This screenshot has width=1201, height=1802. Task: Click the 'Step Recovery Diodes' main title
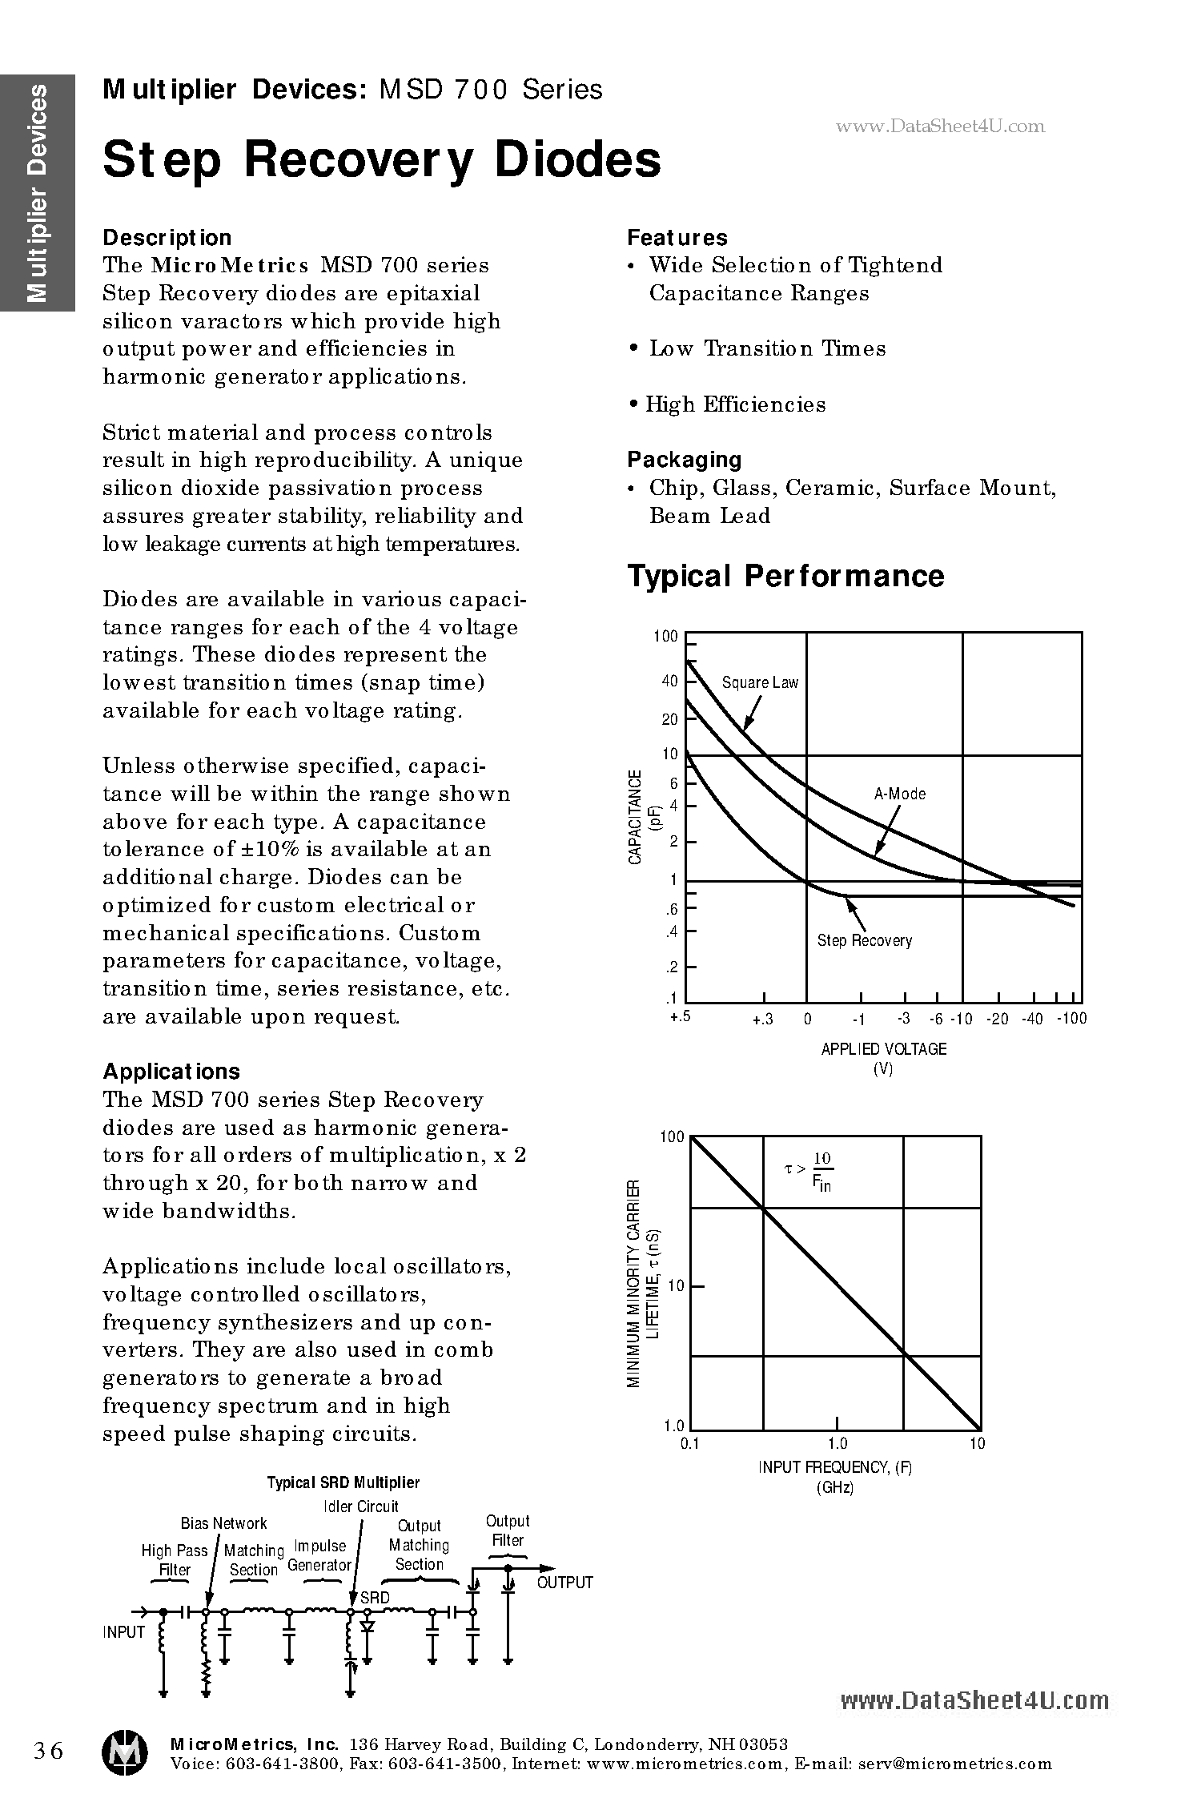382,159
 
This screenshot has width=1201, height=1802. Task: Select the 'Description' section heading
167,238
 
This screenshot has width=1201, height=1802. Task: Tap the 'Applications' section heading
171,1072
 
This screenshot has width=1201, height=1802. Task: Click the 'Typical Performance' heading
785,576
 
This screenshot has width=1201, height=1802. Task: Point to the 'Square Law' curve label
760,682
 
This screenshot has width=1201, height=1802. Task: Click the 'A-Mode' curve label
899,794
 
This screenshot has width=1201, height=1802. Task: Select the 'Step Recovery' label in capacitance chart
864,940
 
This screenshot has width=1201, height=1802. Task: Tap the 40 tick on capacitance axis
669,682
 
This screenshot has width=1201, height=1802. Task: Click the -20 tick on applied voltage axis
997,1019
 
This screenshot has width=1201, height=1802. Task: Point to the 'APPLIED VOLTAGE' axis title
883,1049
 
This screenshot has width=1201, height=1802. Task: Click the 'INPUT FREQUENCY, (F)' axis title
835,1467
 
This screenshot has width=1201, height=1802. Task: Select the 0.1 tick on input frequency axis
689,1443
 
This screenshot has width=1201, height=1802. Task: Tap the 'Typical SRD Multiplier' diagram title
343,1482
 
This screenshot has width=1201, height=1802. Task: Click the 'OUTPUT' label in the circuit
564,1583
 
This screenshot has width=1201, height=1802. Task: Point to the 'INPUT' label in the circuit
123,1632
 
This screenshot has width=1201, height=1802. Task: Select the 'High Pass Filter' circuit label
174,1560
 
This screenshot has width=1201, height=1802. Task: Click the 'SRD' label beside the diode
375,1598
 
